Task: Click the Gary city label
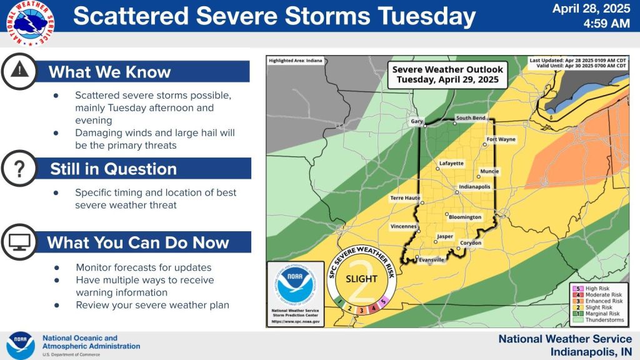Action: pos(416,121)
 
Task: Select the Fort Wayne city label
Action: pos(501,139)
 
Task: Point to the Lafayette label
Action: pos(452,163)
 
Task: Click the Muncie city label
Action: pos(489,171)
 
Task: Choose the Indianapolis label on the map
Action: pos(474,186)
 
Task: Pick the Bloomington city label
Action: pos(466,217)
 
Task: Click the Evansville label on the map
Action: pos(431,259)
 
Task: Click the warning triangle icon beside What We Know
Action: pos(19,71)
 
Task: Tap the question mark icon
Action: pos(19,169)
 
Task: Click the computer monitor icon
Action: pos(19,242)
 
